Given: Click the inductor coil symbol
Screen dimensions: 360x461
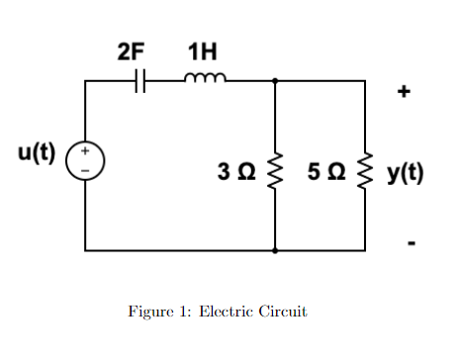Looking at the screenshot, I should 206,79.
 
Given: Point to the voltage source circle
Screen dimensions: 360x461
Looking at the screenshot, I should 86,162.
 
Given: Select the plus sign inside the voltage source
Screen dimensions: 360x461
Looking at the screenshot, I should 86,153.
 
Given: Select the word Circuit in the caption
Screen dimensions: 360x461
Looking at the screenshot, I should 281,312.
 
